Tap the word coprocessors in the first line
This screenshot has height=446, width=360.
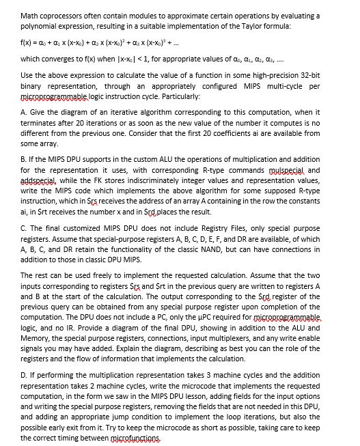coord(70,14)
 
